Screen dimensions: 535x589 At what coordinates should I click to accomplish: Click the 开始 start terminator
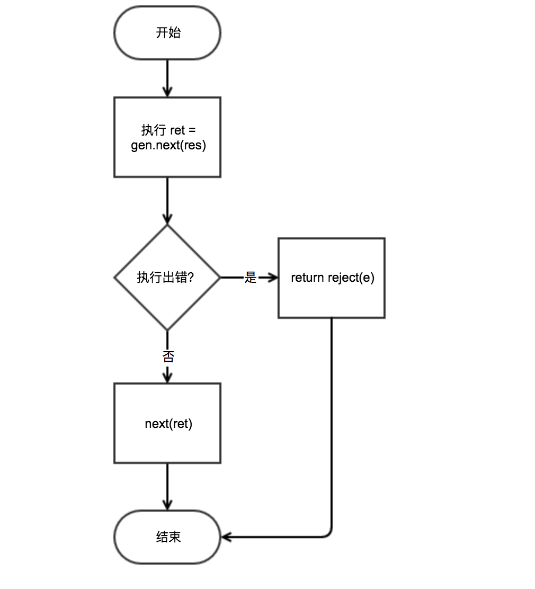tap(167, 33)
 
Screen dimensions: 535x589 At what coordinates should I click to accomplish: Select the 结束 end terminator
tap(167, 537)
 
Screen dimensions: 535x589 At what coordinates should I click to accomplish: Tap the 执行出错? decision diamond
tap(167, 278)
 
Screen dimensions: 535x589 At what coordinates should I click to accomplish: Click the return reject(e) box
tap(332, 278)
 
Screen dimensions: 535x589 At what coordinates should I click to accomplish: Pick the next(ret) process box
tap(167, 423)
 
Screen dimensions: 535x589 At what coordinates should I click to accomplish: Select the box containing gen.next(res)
tap(167, 137)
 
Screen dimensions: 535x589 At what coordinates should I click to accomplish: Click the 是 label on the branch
tap(250, 278)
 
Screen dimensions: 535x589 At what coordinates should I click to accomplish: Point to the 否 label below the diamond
tap(168, 356)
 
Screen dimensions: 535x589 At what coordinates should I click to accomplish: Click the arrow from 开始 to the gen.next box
tap(167, 78)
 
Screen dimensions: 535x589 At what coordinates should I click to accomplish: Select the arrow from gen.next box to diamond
tap(167, 201)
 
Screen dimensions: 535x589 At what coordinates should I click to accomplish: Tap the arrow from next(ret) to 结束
tap(167, 487)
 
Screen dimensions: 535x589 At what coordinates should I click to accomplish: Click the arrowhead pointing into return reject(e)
tap(274, 278)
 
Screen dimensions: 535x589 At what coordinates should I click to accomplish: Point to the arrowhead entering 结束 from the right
tap(226, 537)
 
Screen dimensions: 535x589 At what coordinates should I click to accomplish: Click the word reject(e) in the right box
tap(351, 278)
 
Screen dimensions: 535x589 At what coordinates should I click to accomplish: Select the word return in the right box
tap(307, 278)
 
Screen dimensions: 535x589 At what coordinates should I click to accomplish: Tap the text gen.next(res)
tap(168, 145)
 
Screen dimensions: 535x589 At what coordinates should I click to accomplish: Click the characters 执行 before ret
tap(154, 130)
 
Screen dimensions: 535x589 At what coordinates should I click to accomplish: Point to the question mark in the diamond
tap(191, 277)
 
